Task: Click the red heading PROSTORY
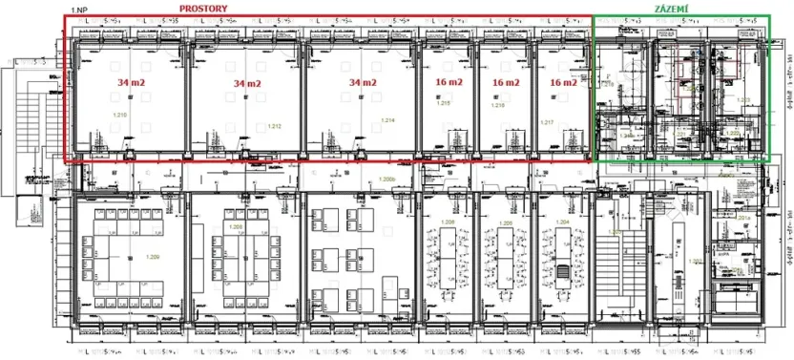209,8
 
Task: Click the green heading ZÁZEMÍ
674,8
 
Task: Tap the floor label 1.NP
79,9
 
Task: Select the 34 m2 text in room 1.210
132,83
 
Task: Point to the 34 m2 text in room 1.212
246,84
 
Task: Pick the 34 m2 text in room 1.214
362,83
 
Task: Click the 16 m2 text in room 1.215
448,83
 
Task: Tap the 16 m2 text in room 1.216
506,83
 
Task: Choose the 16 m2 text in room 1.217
563,83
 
